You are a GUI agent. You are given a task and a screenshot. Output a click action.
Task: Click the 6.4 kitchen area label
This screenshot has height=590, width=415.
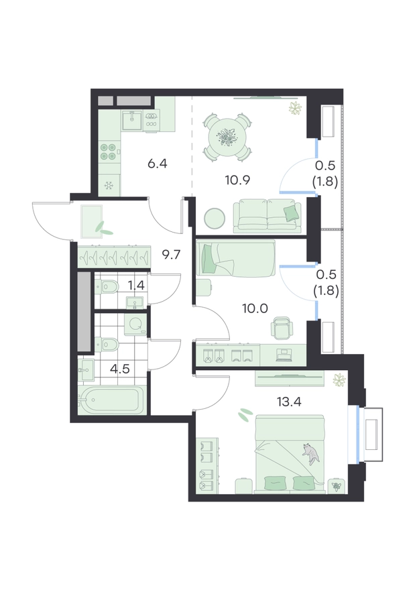[x=158, y=164]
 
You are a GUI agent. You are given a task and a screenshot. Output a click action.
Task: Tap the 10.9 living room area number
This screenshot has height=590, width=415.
[x=237, y=180]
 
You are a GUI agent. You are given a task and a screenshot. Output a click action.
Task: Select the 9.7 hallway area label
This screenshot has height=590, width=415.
[x=171, y=255]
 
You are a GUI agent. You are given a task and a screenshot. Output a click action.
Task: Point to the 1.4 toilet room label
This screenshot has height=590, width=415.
[x=136, y=286]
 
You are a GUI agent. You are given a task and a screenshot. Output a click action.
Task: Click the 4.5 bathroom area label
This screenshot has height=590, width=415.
[x=119, y=369]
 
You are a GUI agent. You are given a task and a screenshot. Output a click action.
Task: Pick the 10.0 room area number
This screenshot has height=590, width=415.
[x=255, y=309]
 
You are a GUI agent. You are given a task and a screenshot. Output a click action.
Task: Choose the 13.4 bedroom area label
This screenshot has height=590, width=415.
[x=289, y=402]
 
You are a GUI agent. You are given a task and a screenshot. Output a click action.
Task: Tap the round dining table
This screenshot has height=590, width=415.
[x=227, y=137]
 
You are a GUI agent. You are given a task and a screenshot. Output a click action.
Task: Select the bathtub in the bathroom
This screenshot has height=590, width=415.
[x=112, y=400]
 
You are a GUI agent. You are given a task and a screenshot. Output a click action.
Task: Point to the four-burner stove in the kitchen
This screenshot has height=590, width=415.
[x=109, y=152]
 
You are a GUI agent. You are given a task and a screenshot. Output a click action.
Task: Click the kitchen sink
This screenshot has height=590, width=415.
[x=131, y=120]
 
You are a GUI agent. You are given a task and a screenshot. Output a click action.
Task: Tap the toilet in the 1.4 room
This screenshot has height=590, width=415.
[x=107, y=288]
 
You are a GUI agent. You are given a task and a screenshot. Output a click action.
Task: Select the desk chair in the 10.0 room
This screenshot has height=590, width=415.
[x=282, y=327]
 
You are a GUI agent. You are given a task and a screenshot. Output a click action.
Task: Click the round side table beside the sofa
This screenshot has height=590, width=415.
[x=215, y=219]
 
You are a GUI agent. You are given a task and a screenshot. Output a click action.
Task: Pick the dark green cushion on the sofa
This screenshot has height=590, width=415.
[x=292, y=213]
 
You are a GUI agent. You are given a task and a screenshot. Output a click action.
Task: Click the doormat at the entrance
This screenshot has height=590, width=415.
[x=92, y=222]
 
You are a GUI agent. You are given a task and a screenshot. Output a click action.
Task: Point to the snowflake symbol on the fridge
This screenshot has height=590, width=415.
[x=109, y=186]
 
